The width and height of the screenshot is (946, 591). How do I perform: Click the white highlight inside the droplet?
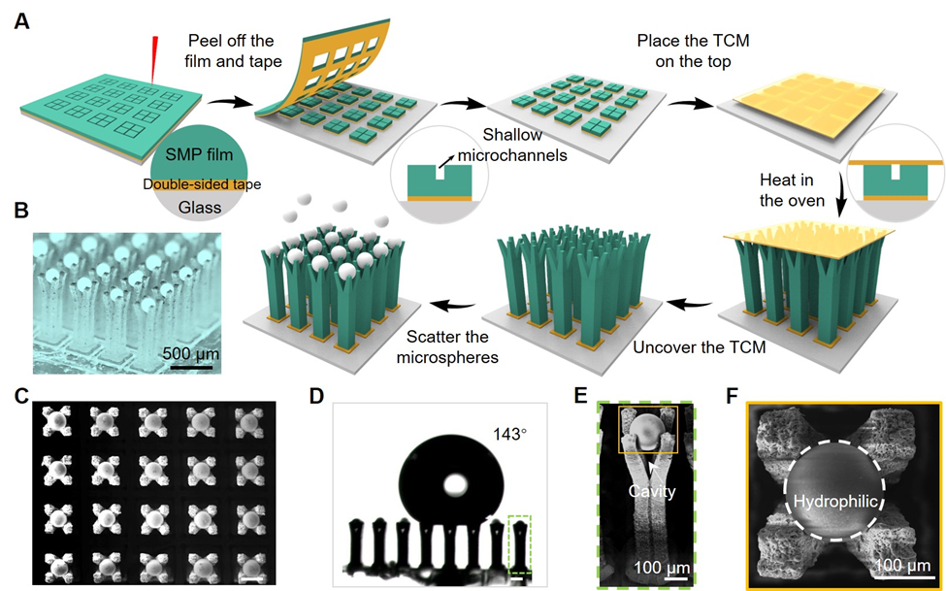tap(454, 482)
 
